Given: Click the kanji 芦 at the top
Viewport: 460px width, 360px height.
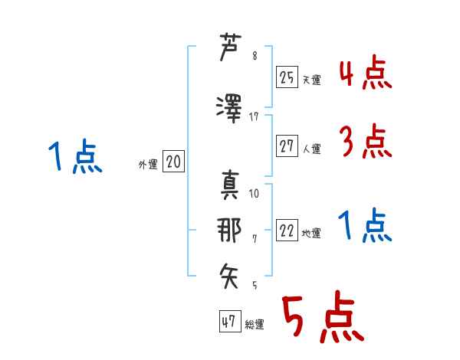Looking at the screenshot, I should pyautogui.click(x=230, y=50).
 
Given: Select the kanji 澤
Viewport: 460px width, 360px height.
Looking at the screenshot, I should pyautogui.click(x=230, y=107).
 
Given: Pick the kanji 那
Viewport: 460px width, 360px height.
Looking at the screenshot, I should pyautogui.click(x=230, y=230).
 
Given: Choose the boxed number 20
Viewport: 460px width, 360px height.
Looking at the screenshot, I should pyautogui.click(x=173, y=162).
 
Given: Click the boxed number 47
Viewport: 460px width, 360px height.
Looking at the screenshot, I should pyautogui.click(x=229, y=322).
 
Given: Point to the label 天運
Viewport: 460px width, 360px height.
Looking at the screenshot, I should pyautogui.click(x=312, y=79).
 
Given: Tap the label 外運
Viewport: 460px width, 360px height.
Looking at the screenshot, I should pyautogui.click(x=148, y=163).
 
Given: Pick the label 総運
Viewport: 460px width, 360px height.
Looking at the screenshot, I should pyautogui.click(x=255, y=325).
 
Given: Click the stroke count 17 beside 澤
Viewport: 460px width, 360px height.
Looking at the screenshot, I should pyautogui.click(x=255, y=116).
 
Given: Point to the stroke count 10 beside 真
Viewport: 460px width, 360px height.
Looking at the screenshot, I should pyautogui.click(x=255, y=193).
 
